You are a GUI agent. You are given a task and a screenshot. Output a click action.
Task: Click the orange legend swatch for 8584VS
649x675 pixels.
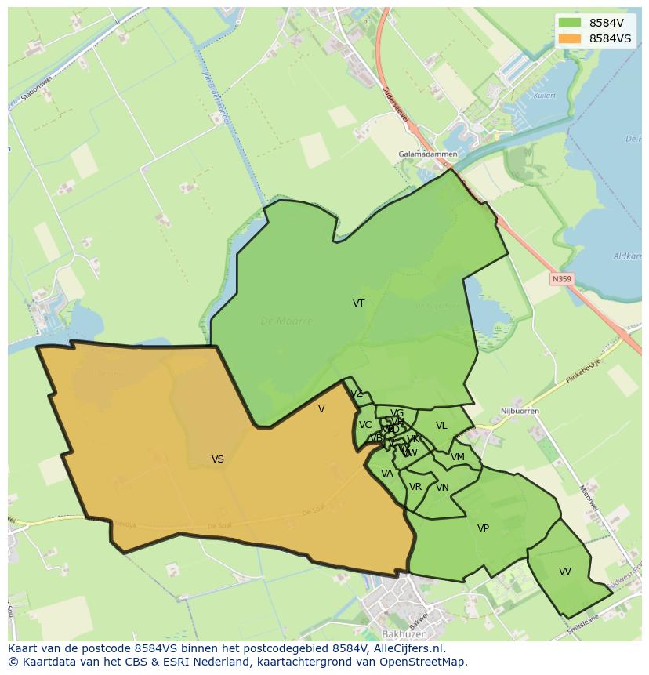(x=570, y=38)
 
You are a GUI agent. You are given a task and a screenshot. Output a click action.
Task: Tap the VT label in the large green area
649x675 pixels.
(x=358, y=303)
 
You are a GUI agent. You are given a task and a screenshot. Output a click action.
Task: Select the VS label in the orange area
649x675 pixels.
(x=218, y=459)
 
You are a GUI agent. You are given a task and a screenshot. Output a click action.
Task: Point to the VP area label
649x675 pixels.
(x=483, y=528)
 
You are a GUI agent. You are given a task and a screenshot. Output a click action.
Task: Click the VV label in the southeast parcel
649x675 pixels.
(x=565, y=572)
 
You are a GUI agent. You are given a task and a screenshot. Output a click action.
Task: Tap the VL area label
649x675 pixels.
(x=441, y=426)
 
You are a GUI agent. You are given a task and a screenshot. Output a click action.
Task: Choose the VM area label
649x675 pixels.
(x=458, y=457)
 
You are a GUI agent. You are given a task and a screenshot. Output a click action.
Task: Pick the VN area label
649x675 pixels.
(x=442, y=488)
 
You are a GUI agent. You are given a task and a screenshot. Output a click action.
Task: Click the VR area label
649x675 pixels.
(x=415, y=487)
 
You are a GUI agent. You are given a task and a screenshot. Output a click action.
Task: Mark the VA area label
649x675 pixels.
(x=386, y=474)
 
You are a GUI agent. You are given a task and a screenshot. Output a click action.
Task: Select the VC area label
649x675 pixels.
(x=365, y=425)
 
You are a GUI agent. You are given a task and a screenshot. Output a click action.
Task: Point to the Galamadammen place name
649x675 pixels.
(x=427, y=154)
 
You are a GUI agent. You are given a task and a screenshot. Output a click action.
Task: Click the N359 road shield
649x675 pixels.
(x=561, y=278)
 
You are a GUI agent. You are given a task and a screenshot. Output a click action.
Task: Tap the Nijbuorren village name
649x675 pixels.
(x=520, y=411)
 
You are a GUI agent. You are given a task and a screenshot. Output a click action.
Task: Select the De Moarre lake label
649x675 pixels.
(x=286, y=321)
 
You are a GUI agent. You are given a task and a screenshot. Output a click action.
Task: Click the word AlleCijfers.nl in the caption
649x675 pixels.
(x=407, y=648)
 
